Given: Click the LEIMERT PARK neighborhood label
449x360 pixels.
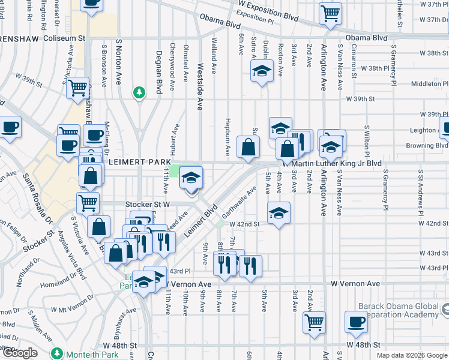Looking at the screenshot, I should pos(138,162).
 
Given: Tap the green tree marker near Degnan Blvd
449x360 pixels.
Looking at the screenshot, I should pos(139,92).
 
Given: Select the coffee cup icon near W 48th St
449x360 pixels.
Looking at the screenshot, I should pos(356,321).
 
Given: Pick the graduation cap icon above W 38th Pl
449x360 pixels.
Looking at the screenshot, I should pos(261,72).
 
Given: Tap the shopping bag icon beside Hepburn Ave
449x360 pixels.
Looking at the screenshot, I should pos(248,146).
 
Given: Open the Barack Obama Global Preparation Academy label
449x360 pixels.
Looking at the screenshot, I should pos(399,310).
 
